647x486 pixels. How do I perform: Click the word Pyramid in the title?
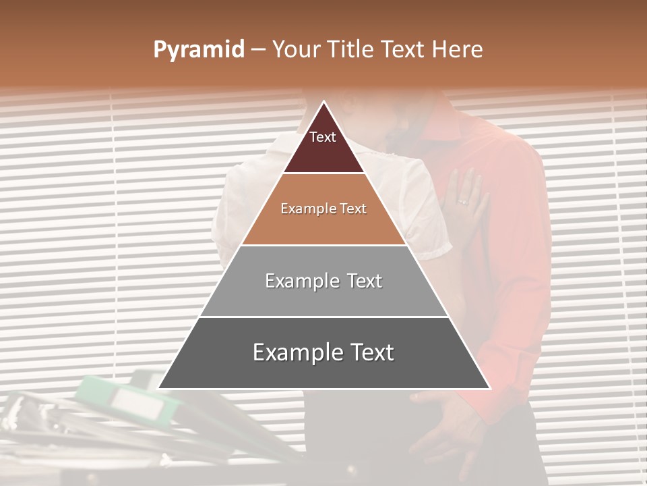pyautogui.click(x=198, y=50)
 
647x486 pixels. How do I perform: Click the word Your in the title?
pyautogui.click(x=295, y=49)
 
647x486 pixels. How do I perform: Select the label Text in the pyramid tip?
pyautogui.click(x=323, y=137)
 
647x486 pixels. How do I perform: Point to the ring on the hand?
pyautogui.click(x=462, y=201)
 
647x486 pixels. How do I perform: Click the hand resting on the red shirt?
pyautogui.click(x=465, y=196)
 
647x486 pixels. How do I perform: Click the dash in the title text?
pyautogui.click(x=257, y=50)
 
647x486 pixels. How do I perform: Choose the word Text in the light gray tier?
pyautogui.click(x=360, y=281)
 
